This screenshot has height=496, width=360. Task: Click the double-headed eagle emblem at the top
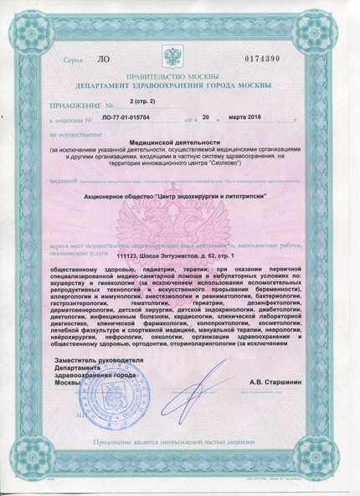click(176, 58)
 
